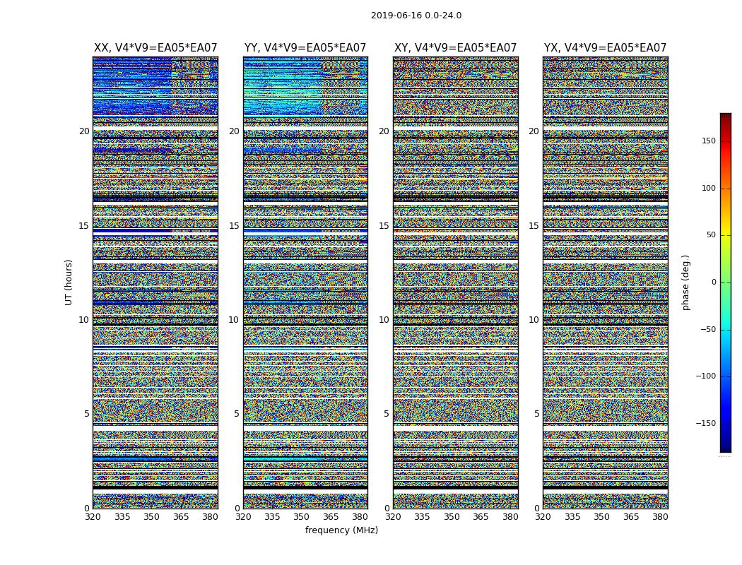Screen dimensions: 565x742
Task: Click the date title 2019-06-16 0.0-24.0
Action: pyautogui.click(x=416, y=16)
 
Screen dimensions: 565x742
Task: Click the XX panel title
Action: pyautogui.click(x=155, y=48)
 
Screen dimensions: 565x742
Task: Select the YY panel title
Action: pyautogui.click(x=305, y=48)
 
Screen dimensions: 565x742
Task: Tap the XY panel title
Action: pyautogui.click(x=455, y=48)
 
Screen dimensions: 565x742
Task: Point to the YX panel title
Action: pyautogui.click(x=605, y=48)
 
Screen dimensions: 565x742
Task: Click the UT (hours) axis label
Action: pyautogui.click(x=69, y=282)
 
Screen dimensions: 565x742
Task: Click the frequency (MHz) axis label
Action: pyautogui.click(x=341, y=530)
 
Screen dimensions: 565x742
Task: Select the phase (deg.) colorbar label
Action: pyautogui.click(x=686, y=282)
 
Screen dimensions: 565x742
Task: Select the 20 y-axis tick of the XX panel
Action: pyautogui.click(x=84, y=131)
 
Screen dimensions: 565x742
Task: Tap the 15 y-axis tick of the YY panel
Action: pyautogui.click(x=234, y=226)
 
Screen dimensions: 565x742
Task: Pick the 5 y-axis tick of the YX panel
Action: pyautogui.click(x=536, y=414)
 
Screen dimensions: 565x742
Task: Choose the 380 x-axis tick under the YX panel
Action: pyautogui.click(x=660, y=517)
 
